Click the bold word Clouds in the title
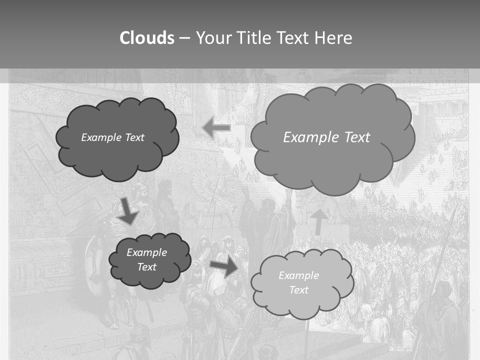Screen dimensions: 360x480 147,38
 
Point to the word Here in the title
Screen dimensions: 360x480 334,38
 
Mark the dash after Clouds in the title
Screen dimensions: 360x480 184,38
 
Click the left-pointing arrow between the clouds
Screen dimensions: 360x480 216,128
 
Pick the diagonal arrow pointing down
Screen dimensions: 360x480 128,211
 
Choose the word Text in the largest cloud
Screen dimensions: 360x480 357,137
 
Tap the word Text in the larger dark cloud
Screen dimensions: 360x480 134,137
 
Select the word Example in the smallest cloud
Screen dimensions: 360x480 146,252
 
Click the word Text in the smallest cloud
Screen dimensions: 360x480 146,267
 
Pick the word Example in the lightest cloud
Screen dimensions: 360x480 298,275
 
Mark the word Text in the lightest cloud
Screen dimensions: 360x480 298,290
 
